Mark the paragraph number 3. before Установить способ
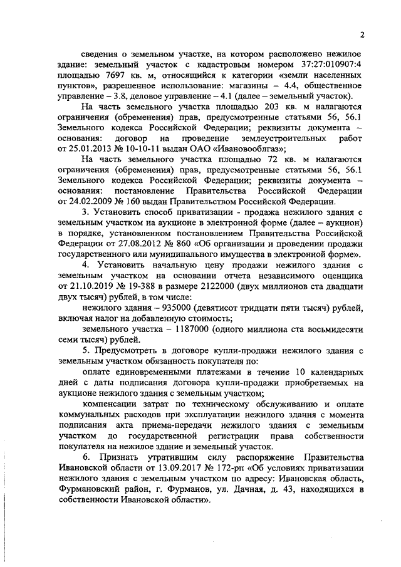86,212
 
